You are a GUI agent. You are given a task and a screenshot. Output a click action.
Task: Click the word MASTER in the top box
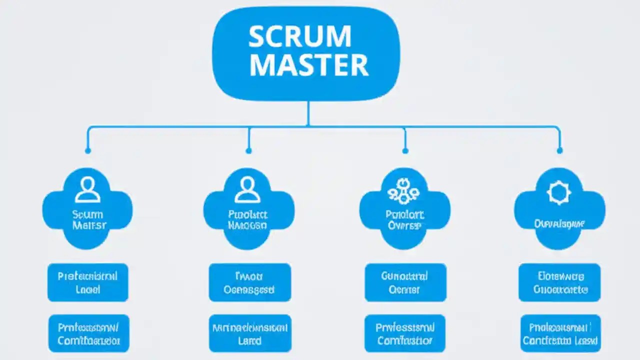308,65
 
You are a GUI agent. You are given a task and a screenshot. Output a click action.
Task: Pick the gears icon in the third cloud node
403,190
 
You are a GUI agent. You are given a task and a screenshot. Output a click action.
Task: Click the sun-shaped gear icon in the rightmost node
559,193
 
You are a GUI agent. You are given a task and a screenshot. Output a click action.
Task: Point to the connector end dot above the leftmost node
88,150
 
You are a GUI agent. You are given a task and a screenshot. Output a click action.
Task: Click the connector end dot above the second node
248,150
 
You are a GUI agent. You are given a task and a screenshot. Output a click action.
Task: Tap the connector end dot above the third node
405,150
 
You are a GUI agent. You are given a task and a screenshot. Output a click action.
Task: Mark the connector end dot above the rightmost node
559,150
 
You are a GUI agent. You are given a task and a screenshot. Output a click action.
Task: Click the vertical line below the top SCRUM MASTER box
308,113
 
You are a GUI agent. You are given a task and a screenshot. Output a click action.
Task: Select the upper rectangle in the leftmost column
88,282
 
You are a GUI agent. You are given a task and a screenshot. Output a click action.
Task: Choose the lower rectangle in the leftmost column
88,333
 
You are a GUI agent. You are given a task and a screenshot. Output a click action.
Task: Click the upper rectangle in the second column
249,282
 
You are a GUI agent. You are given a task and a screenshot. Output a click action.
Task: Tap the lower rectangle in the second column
249,333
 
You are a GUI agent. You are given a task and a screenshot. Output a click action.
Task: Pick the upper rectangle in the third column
404,282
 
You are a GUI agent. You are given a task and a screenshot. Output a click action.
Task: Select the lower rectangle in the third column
404,333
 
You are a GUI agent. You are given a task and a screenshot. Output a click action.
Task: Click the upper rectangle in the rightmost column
559,282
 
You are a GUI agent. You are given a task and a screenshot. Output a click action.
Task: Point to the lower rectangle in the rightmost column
560,333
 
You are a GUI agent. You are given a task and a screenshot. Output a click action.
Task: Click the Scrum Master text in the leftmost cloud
88,220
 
